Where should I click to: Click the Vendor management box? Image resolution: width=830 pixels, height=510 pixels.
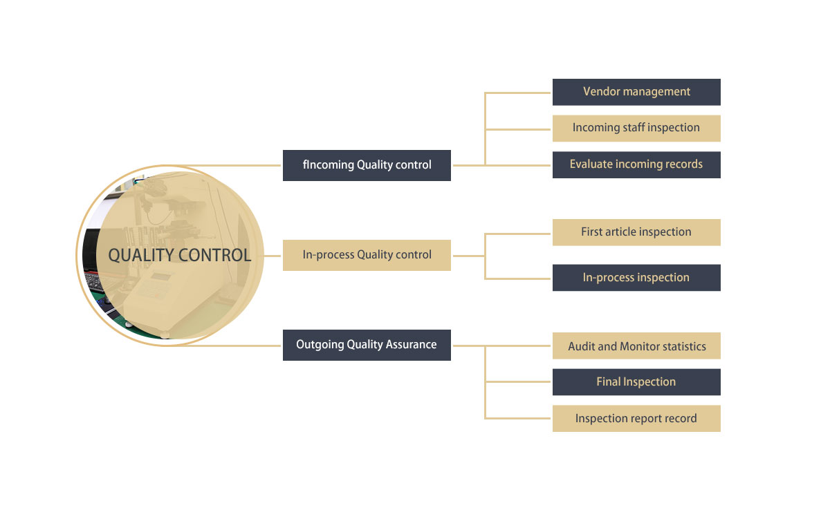click(636, 92)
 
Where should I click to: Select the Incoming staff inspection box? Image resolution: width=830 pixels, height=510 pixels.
click(636, 128)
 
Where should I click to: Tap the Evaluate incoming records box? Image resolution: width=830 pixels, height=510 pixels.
click(636, 164)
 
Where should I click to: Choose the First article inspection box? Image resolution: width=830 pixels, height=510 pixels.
click(636, 232)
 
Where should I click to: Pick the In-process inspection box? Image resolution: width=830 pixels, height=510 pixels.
click(636, 278)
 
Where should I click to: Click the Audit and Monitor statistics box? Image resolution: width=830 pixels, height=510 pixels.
click(636, 346)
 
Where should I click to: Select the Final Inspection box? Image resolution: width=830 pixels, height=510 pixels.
click(636, 382)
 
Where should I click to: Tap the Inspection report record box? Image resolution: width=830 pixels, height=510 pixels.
click(636, 419)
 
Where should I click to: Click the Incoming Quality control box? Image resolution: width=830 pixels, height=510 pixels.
click(367, 165)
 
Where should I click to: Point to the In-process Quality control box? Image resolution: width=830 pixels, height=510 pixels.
click(367, 255)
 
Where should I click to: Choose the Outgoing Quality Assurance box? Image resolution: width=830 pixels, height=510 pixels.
click(367, 345)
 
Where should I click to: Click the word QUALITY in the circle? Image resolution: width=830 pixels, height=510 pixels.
click(141, 255)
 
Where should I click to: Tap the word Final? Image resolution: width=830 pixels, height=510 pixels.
click(609, 382)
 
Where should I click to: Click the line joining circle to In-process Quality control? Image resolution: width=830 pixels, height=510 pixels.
click(273, 255)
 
